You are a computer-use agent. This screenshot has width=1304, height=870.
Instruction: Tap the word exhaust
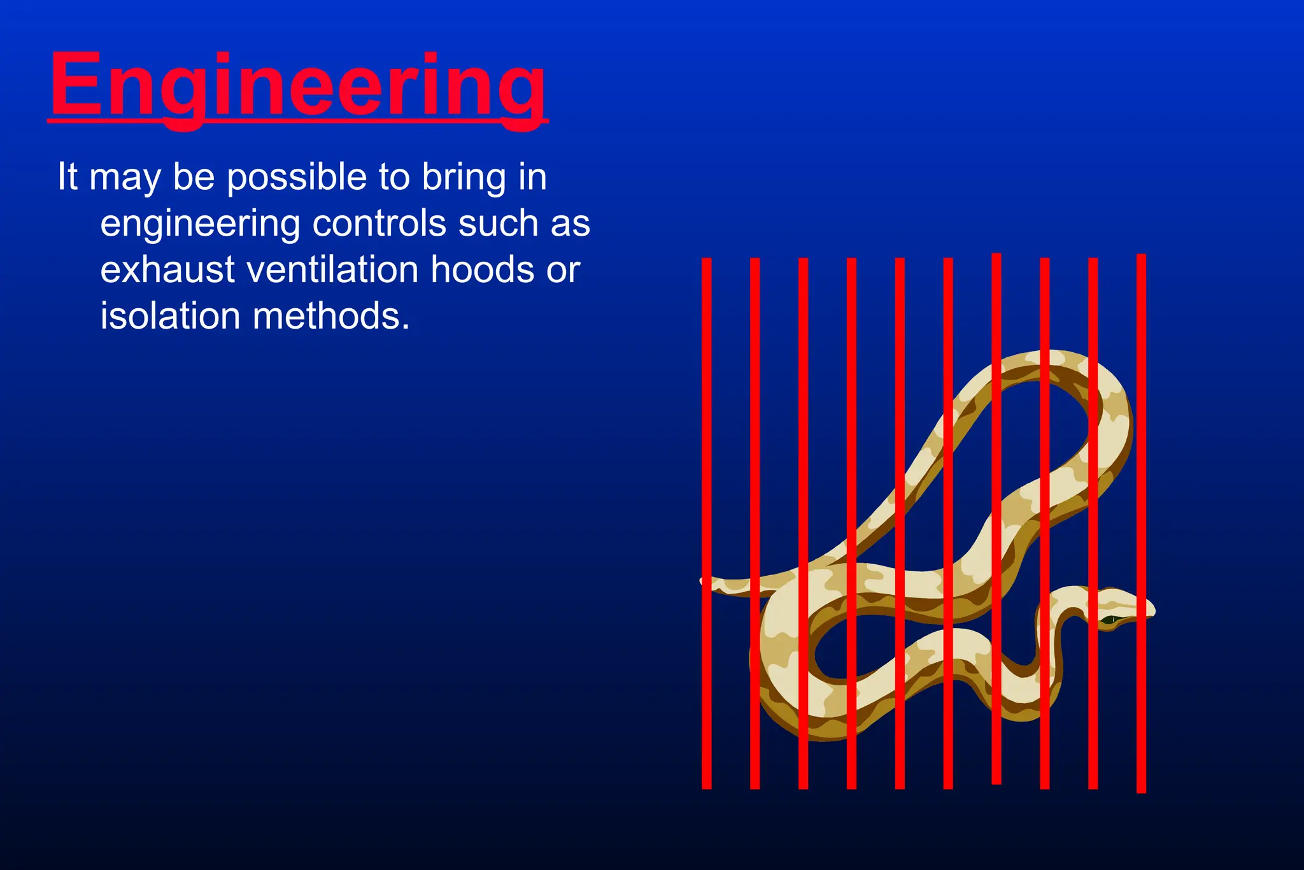pos(167,269)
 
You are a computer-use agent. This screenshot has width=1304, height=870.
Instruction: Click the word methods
pos(331,316)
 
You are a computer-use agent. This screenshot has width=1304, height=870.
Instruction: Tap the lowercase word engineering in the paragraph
pos(200,225)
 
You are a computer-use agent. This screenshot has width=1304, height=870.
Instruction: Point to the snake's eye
pos(1110,619)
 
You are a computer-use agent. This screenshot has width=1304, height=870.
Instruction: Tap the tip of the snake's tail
pos(703,580)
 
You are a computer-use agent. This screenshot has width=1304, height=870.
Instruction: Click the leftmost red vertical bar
pos(706,522)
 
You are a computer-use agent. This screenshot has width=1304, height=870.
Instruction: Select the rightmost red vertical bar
pos(1141,522)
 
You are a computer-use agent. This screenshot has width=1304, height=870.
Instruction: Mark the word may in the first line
pos(125,178)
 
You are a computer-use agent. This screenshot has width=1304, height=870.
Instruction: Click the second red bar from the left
pos(755,522)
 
